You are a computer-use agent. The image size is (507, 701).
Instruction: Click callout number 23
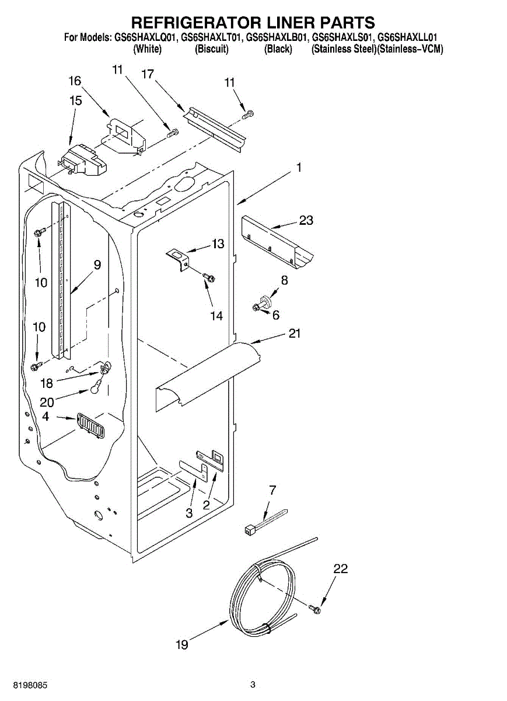tap(306, 220)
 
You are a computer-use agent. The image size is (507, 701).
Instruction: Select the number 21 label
tap(295, 333)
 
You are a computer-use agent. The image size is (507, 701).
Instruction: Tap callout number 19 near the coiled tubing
tap(182, 645)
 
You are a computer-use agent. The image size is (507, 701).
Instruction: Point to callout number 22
tap(341, 569)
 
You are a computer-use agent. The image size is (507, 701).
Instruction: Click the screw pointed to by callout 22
tap(316, 609)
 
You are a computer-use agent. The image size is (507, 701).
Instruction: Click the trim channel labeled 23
tap(277, 242)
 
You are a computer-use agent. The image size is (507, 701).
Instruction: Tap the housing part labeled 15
tap(83, 160)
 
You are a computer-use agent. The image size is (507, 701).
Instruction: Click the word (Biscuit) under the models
tap(211, 49)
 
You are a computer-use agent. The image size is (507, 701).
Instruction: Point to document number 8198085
tap(24, 685)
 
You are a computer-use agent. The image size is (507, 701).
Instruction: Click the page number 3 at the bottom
tap(253, 685)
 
